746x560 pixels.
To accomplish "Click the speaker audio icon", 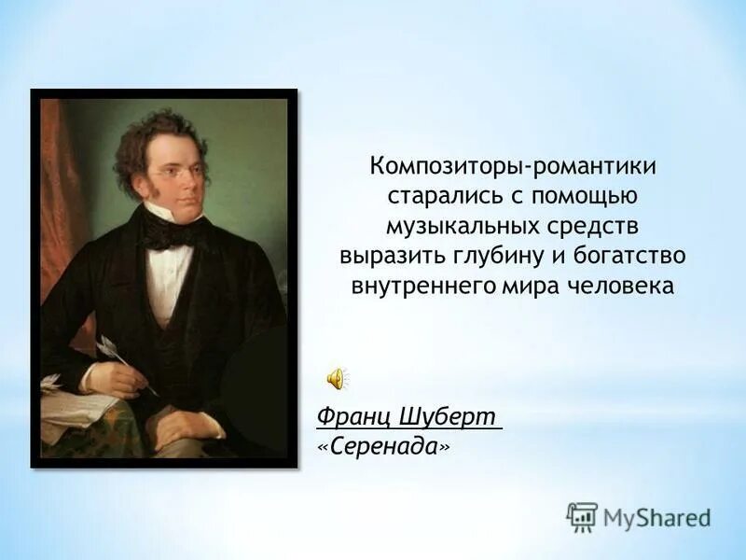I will (336, 378).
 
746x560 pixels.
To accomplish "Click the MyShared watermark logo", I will (639, 516).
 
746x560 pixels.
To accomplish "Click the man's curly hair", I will (154, 135).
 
